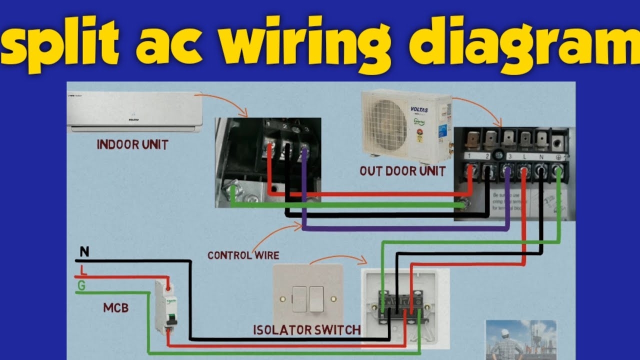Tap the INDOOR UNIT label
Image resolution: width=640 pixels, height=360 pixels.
pos(132,145)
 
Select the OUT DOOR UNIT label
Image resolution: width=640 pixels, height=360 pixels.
pos(402,171)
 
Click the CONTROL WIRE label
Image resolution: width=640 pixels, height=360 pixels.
pos(243,255)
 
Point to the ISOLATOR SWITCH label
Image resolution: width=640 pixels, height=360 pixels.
pos(307,330)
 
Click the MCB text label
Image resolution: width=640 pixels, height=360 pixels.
pos(116,308)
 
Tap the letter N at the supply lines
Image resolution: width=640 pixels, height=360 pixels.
pos(84,252)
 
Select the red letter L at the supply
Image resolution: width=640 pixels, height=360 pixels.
pos(83,270)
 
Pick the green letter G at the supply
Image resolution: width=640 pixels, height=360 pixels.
pos(81,285)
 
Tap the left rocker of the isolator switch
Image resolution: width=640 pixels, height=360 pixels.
pos(299,299)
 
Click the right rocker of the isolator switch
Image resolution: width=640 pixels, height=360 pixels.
pos(316,299)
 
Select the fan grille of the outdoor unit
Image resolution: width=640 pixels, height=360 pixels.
pos(385,124)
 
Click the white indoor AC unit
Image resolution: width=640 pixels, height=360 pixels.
pos(135,112)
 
